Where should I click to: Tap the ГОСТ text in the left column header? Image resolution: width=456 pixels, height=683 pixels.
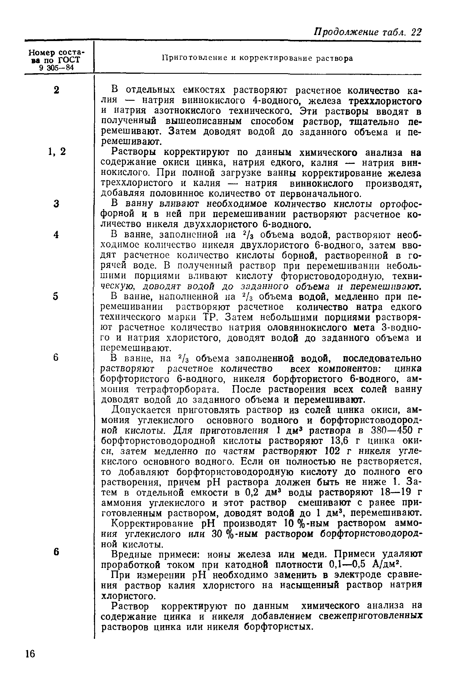pyautogui.click(x=69, y=60)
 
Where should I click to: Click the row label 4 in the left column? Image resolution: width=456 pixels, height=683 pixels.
pyautogui.click(x=56, y=234)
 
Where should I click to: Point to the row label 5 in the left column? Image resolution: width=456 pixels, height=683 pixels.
pyautogui.click(x=56, y=296)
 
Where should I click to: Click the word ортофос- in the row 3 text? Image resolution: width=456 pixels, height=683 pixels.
pyautogui.click(x=401, y=204)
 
